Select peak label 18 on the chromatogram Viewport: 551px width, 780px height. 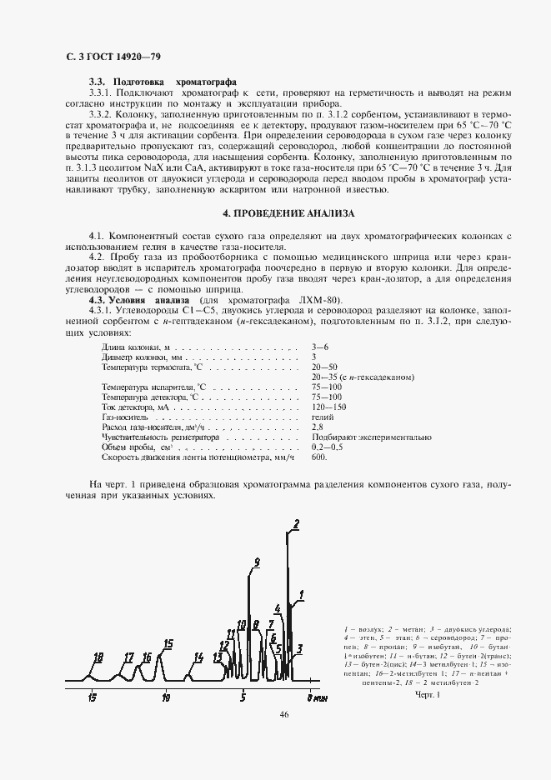tap(98, 657)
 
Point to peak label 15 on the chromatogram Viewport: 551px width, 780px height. tap(168, 643)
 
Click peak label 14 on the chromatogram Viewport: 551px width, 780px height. tap(198, 657)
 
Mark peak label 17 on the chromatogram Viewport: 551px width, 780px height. tap(128, 657)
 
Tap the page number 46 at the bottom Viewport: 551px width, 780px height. tap(284, 715)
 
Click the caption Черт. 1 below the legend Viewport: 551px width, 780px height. tap(426, 694)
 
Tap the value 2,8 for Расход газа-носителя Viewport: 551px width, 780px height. tap(318, 426)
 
